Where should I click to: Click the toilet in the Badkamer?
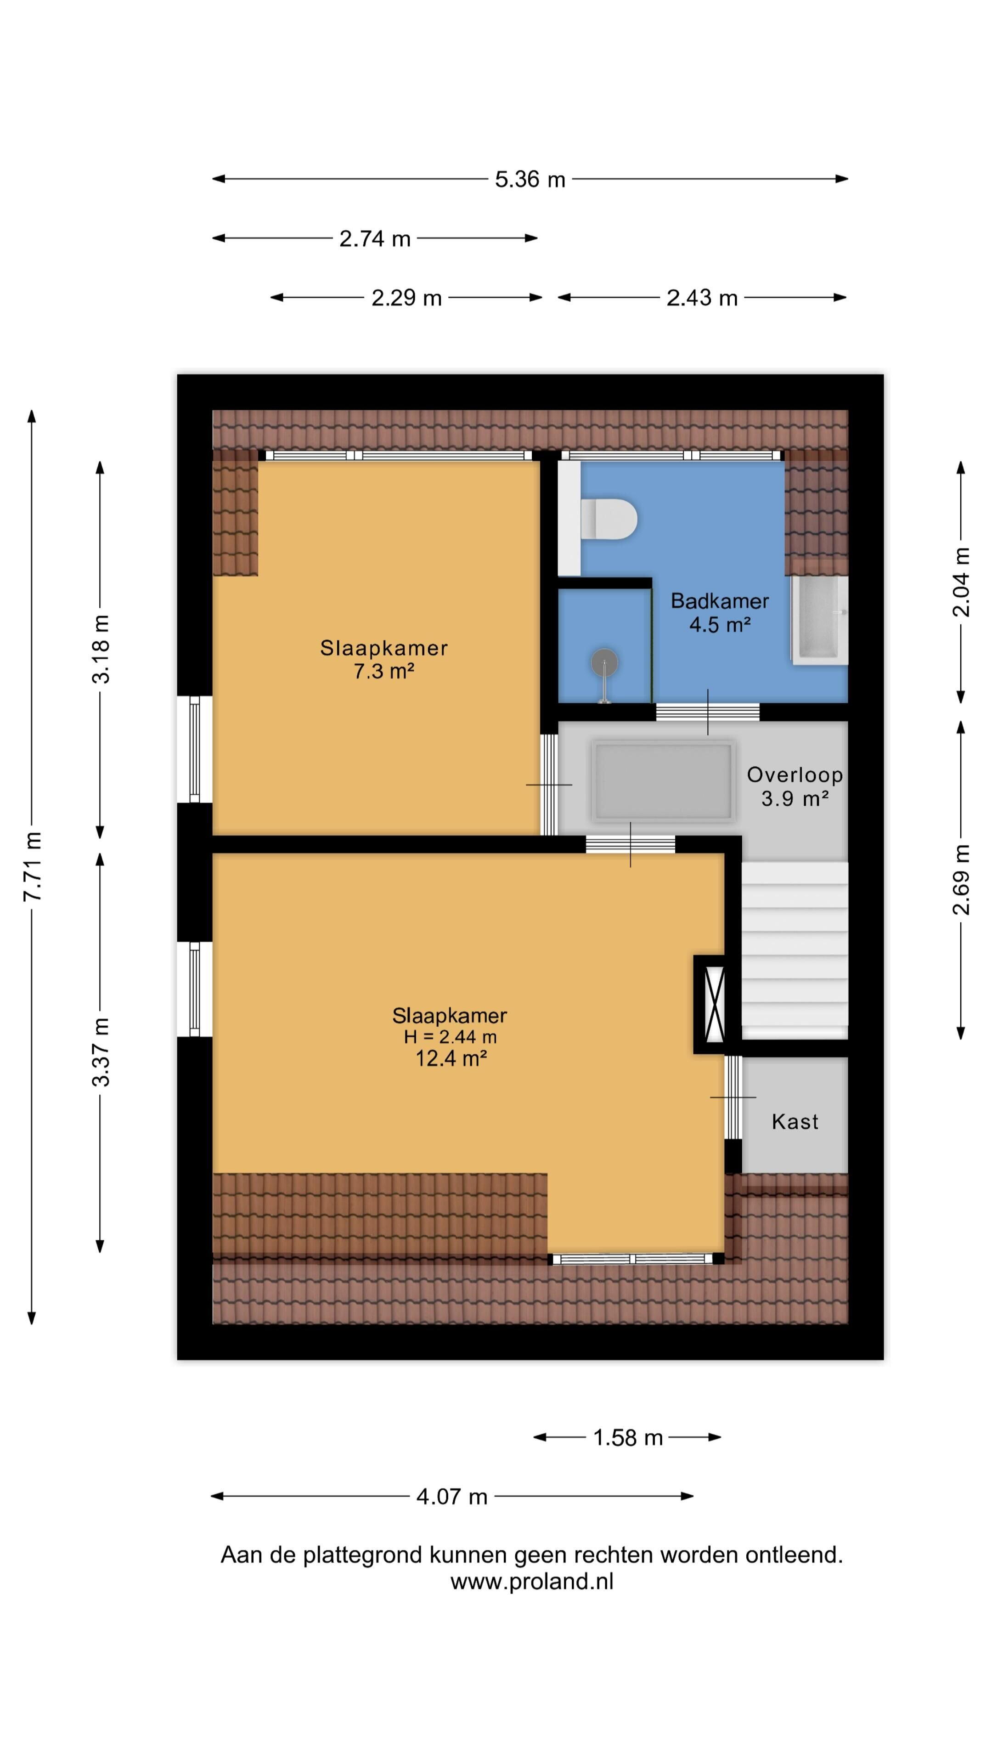(608, 518)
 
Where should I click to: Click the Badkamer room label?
(720, 600)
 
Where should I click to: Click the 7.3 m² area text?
(384, 671)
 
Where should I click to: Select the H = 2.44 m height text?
(450, 1037)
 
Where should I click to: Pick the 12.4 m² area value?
(451, 1059)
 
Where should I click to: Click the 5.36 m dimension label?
(530, 180)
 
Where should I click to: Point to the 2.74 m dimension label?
(374, 239)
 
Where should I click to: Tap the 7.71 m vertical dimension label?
(32, 866)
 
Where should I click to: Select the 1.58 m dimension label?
(628, 1437)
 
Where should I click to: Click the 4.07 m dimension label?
(452, 1496)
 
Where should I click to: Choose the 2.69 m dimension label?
(961, 880)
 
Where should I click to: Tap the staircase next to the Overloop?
(795, 950)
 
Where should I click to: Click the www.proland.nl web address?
(532, 1581)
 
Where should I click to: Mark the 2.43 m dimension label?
(702, 298)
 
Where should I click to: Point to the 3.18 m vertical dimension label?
(101, 649)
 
